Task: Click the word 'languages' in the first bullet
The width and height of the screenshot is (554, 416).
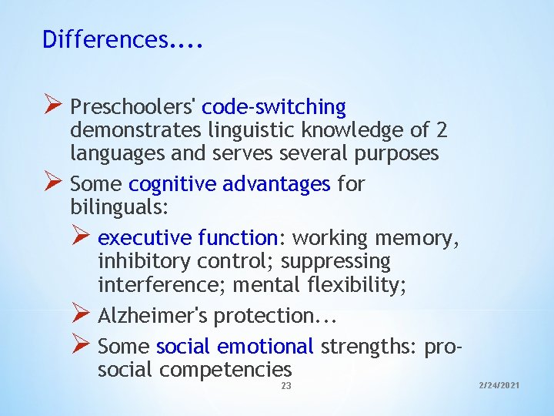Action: click(x=117, y=153)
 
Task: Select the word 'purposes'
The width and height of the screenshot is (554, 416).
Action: click(x=396, y=153)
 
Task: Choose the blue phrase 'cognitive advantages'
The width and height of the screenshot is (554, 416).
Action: click(x=229, y=184)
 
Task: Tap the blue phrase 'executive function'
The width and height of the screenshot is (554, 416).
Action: click(x=188, y=238)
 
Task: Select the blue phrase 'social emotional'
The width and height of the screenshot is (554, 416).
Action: click(x=234, y=347)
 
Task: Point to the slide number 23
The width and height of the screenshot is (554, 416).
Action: click(x=286, y=386)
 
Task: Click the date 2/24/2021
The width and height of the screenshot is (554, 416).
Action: click(x=498, y=384)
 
